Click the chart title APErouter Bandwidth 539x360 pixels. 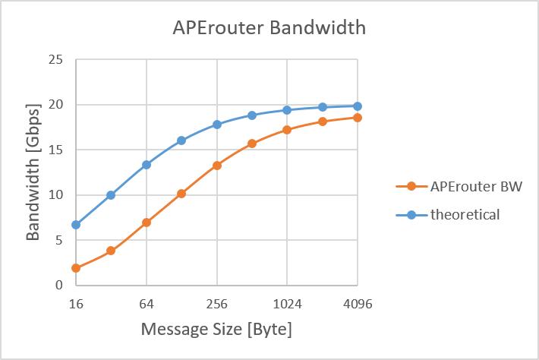[x=269, y=27]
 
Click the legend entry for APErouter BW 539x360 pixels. [x=459, y=187]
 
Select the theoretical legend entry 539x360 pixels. [x=448, y=215]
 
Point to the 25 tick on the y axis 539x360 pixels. [x=55, y=59]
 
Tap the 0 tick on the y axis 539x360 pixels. [x=59, y=285]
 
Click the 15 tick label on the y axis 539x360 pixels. [x=55, y=150]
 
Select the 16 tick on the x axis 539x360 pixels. [x=76, y=304]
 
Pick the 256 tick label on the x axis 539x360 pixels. [x=217, y=304]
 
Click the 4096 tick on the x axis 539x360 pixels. [x=358, y=304]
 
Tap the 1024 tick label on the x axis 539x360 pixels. [x=287, y=304]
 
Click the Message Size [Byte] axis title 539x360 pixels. [x=216, y=330]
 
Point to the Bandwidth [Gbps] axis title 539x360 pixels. [x=33, y=172]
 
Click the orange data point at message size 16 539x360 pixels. [x=76, y=268]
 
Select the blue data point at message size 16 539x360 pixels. [x=76, y=225]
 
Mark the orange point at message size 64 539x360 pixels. [x=147, y=223]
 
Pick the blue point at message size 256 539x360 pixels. [x=217, y=125]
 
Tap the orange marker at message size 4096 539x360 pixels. [x=358, y=118]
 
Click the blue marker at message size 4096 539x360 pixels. [x=358, y=106]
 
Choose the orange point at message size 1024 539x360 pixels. [x=287, y=130]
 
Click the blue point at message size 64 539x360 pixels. [x=147, y=165]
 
